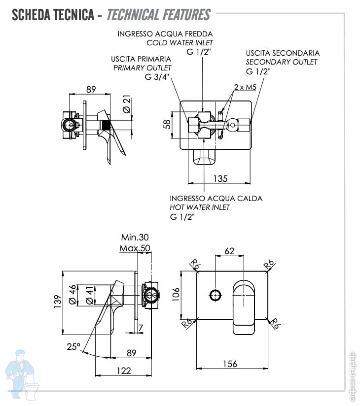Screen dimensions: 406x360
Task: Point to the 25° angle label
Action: click(x=73, y=347)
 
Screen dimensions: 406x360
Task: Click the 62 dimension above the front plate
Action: click(x=229, y=251)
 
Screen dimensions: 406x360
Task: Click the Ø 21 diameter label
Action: click(x=126, y=104)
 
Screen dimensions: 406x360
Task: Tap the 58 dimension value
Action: click(x=167, y=124)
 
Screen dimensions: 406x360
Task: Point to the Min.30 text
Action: click(x=135, y=237)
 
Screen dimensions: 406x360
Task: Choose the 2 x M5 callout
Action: click(x=245, y=87)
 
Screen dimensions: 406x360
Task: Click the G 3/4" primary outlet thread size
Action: click(x=157, y=77)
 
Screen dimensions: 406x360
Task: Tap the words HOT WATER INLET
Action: click(x=200, y=207)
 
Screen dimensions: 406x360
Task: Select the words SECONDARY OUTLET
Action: click(x=281, y=62)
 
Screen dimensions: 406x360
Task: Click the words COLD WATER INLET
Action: click(x=180, y=43)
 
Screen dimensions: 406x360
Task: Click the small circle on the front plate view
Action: click(x=215, y=296)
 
